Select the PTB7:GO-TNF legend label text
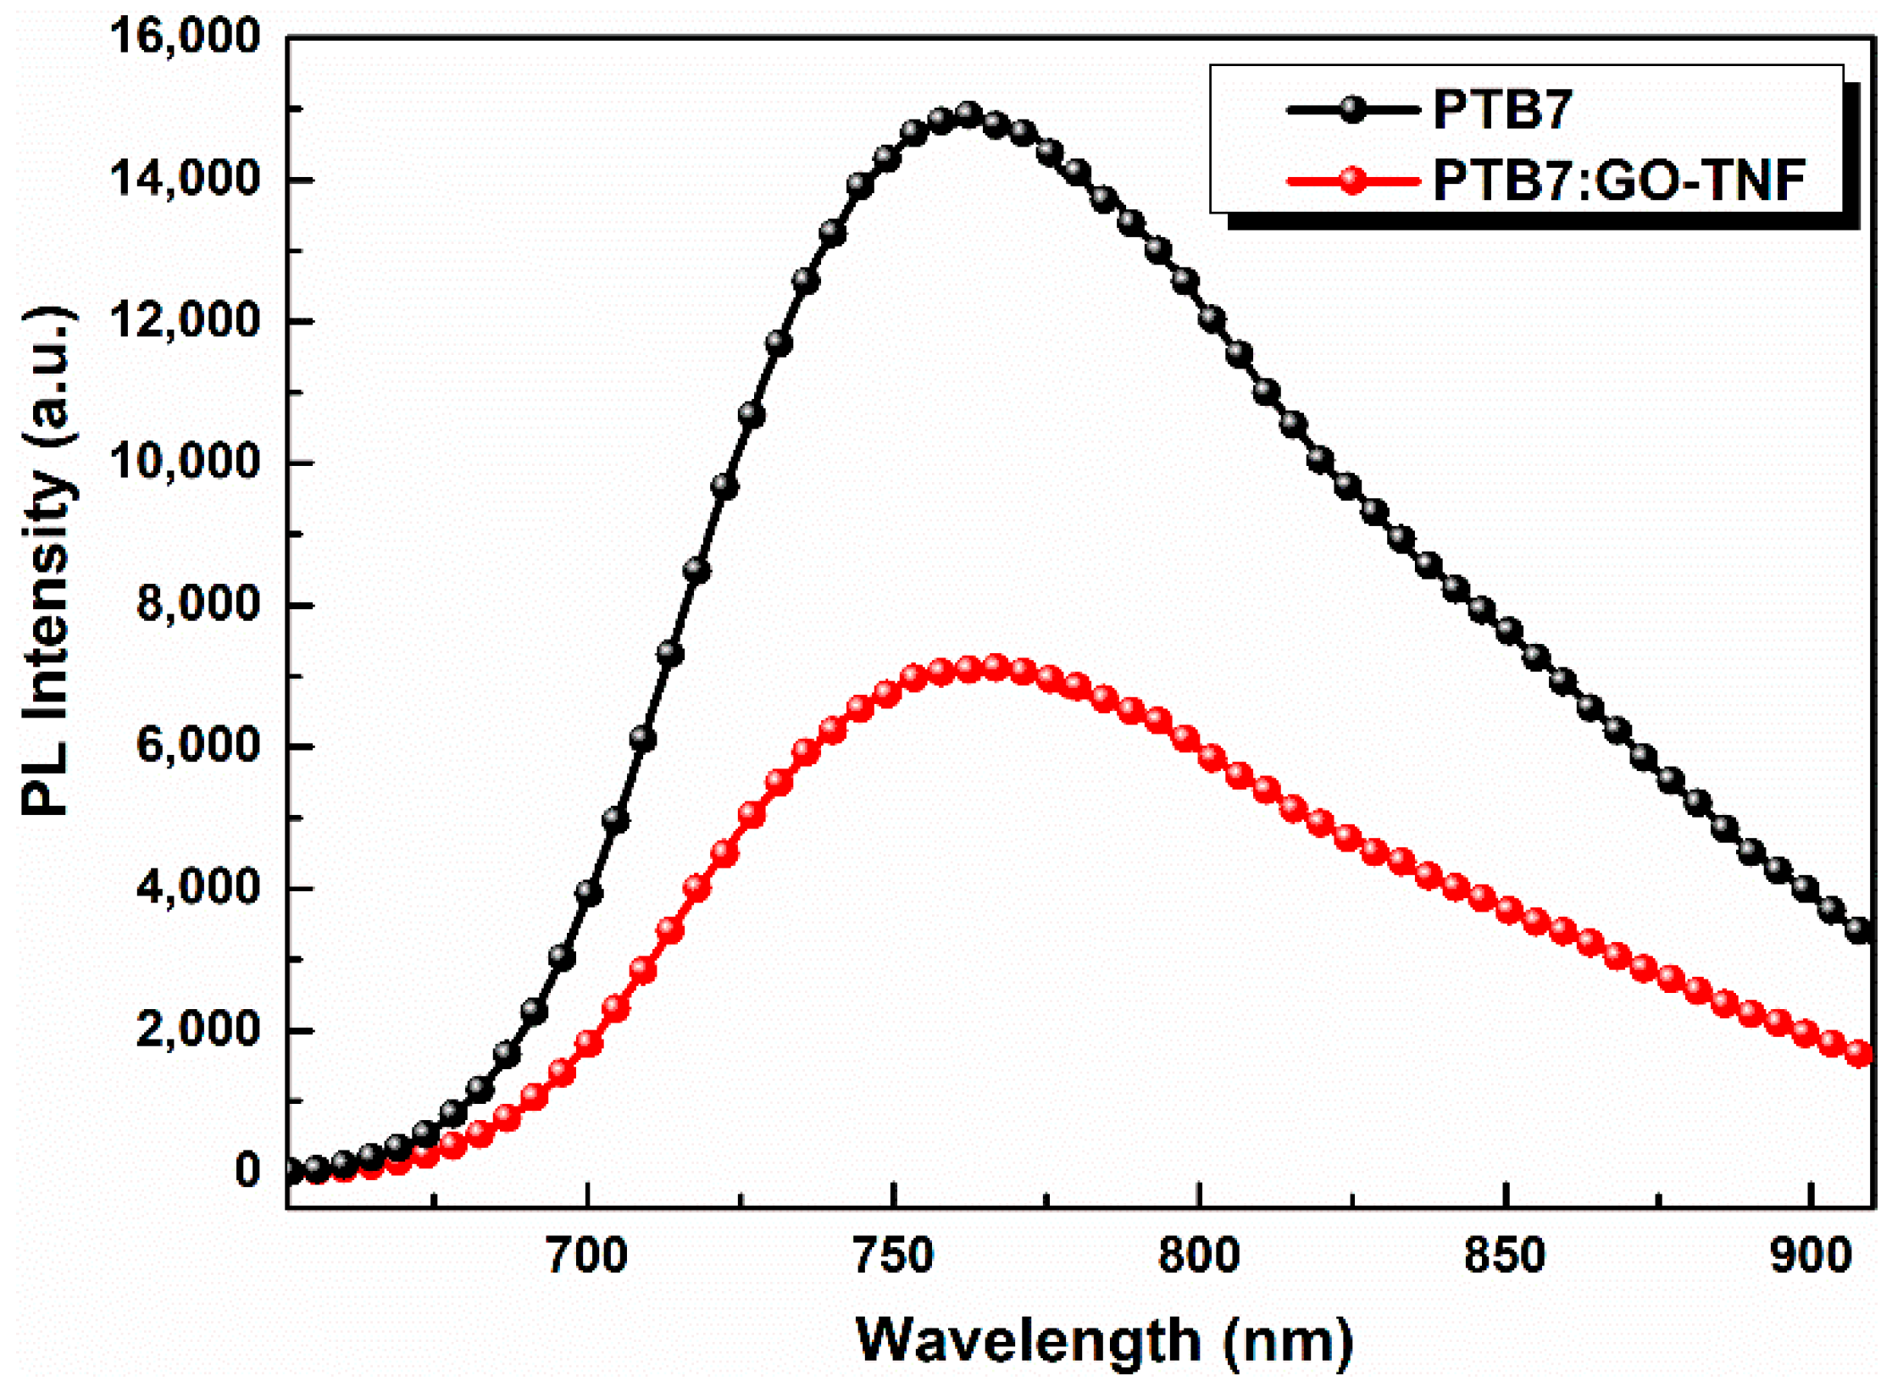1618,180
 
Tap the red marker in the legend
1353,180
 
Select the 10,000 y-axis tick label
185,463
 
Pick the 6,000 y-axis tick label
197,746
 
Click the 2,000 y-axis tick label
197,1029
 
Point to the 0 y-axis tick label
247,1171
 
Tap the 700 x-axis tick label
587,1256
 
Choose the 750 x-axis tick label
893,1256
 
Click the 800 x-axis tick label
1199,1256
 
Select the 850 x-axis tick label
1505,1256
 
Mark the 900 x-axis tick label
1810,1256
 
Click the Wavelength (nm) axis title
1104,1341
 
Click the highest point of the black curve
968,114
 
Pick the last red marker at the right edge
1859,1054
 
